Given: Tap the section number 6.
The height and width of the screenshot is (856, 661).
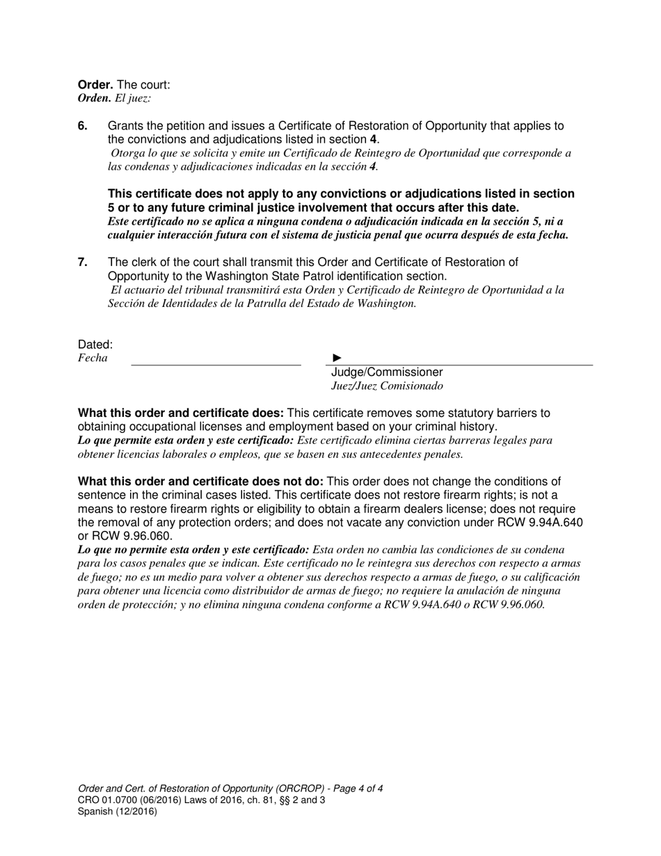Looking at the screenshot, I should [83, 126].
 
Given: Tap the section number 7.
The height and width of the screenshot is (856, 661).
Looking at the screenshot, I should [83, 262].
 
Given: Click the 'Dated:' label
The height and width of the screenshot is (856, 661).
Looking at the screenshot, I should [95, 344].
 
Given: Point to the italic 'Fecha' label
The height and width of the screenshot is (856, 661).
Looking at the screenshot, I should [93, 358].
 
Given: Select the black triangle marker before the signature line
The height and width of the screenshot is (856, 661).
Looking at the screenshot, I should [337, 358].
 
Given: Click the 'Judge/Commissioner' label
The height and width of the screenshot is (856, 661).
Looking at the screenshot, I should [387, 372].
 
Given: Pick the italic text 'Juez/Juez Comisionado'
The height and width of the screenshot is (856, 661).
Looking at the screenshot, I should [387, 386].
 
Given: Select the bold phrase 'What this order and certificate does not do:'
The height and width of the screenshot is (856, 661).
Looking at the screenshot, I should [200, 482].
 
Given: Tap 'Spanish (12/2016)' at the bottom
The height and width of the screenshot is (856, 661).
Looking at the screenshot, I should [118, 811].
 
